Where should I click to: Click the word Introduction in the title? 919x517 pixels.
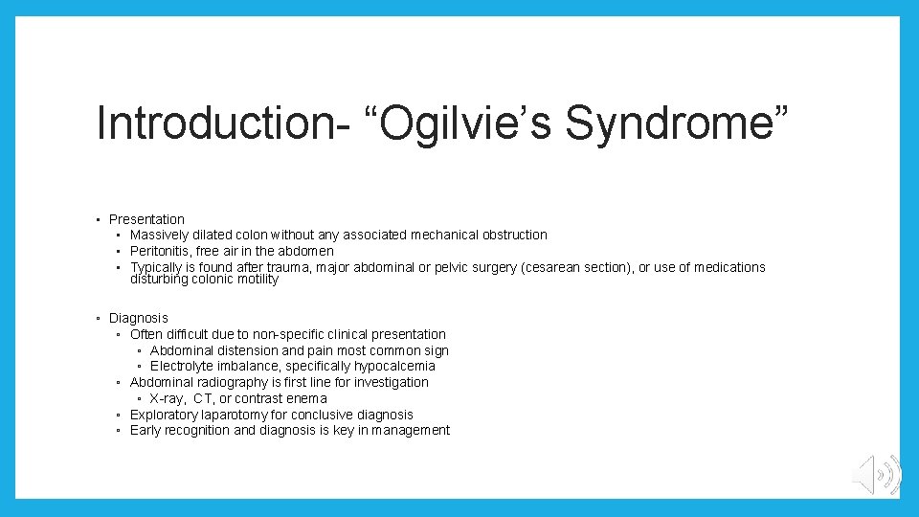point(220,124)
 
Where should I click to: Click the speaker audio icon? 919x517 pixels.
point(876,475)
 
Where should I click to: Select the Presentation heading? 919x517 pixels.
point(146,219)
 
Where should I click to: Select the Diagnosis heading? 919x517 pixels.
point(138,318)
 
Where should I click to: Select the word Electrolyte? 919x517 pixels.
point(181,366)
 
